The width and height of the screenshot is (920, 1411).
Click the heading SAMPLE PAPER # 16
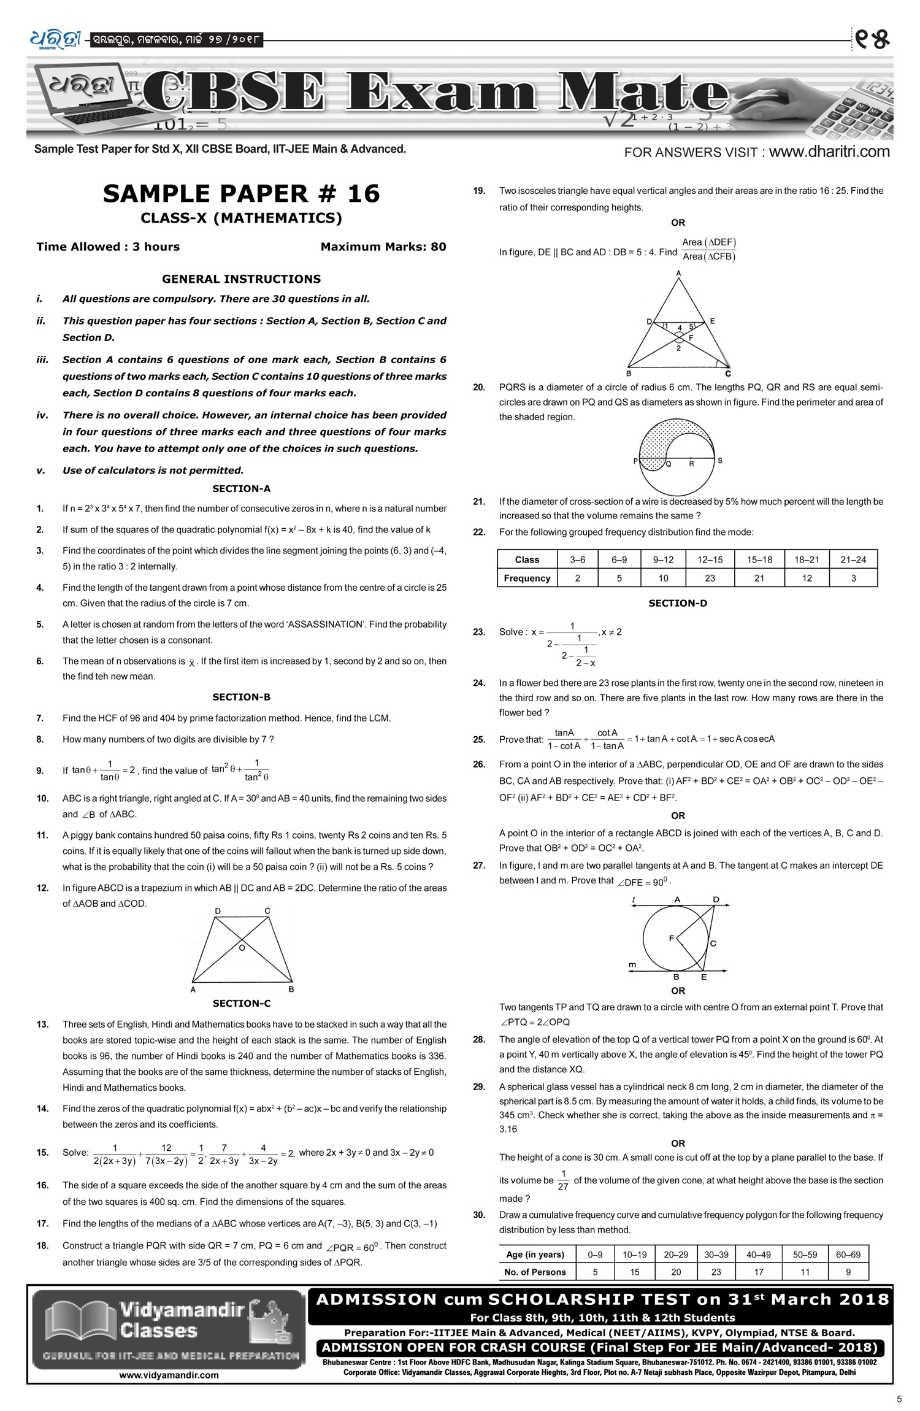241,194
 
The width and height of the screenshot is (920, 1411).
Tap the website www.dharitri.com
829,152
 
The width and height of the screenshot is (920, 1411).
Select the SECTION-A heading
241,489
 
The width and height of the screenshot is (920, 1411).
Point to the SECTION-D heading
678,604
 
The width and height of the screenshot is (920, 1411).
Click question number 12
42,888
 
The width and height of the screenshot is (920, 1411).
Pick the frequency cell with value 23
710,578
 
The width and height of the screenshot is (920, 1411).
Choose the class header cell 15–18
759,559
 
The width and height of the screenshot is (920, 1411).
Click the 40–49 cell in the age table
759,1255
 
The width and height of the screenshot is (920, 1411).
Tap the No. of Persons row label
535,1272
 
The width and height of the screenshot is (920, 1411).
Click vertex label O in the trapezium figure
242,948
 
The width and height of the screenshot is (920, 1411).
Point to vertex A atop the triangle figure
678,273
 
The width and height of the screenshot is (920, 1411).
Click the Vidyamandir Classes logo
169,1329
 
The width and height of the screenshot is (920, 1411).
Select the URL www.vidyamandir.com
169,1375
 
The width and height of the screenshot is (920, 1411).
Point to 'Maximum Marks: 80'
383,247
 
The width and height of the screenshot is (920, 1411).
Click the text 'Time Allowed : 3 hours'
108,247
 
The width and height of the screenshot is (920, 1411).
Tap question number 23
479,632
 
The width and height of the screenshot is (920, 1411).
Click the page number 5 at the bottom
899,1399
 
